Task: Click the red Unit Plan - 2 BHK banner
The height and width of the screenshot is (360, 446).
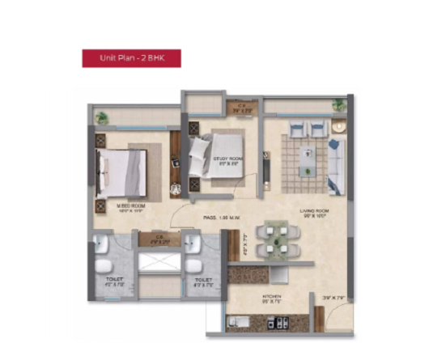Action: (x=130, y=58)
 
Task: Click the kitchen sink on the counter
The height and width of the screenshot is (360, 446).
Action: (x=240, y=323)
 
